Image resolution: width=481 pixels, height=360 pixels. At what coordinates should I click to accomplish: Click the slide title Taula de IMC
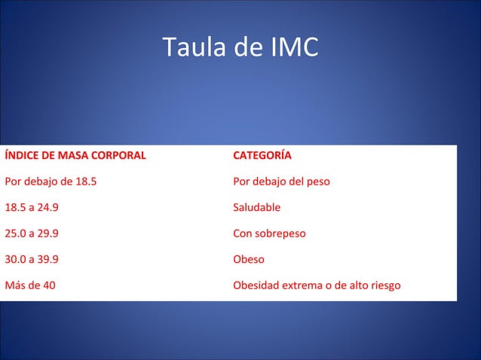[x=240, y=47]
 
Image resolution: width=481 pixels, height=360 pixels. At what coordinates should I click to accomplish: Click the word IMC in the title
[x=294, y=47]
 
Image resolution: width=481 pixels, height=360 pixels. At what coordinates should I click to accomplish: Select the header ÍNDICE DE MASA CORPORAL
[x=75, y=156]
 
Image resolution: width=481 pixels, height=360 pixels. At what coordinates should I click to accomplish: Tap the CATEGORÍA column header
[x=262, y=156]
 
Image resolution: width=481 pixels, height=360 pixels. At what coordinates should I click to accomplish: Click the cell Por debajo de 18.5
[x=51, y=182]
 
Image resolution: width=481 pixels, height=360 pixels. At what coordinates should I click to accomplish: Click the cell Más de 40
[x=30, y=285]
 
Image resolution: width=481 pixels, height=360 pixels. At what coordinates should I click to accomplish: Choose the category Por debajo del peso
[x=281, y=182]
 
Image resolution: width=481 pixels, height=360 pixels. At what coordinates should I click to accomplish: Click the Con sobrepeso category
[x=269, y=233]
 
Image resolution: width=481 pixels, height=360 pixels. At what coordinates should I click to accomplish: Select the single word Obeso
[x=249, y=259]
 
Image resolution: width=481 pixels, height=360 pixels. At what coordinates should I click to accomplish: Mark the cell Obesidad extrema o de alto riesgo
[x=317, y=285]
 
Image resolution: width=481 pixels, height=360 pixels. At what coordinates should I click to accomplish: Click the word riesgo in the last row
[x=383, y=285]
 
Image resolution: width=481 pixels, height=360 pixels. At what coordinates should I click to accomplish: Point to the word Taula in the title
[x=185, y=47]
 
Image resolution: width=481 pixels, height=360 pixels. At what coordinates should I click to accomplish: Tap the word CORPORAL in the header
[x=119, y=156]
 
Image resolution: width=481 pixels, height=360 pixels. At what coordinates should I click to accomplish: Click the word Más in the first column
[x=15, y=285]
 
